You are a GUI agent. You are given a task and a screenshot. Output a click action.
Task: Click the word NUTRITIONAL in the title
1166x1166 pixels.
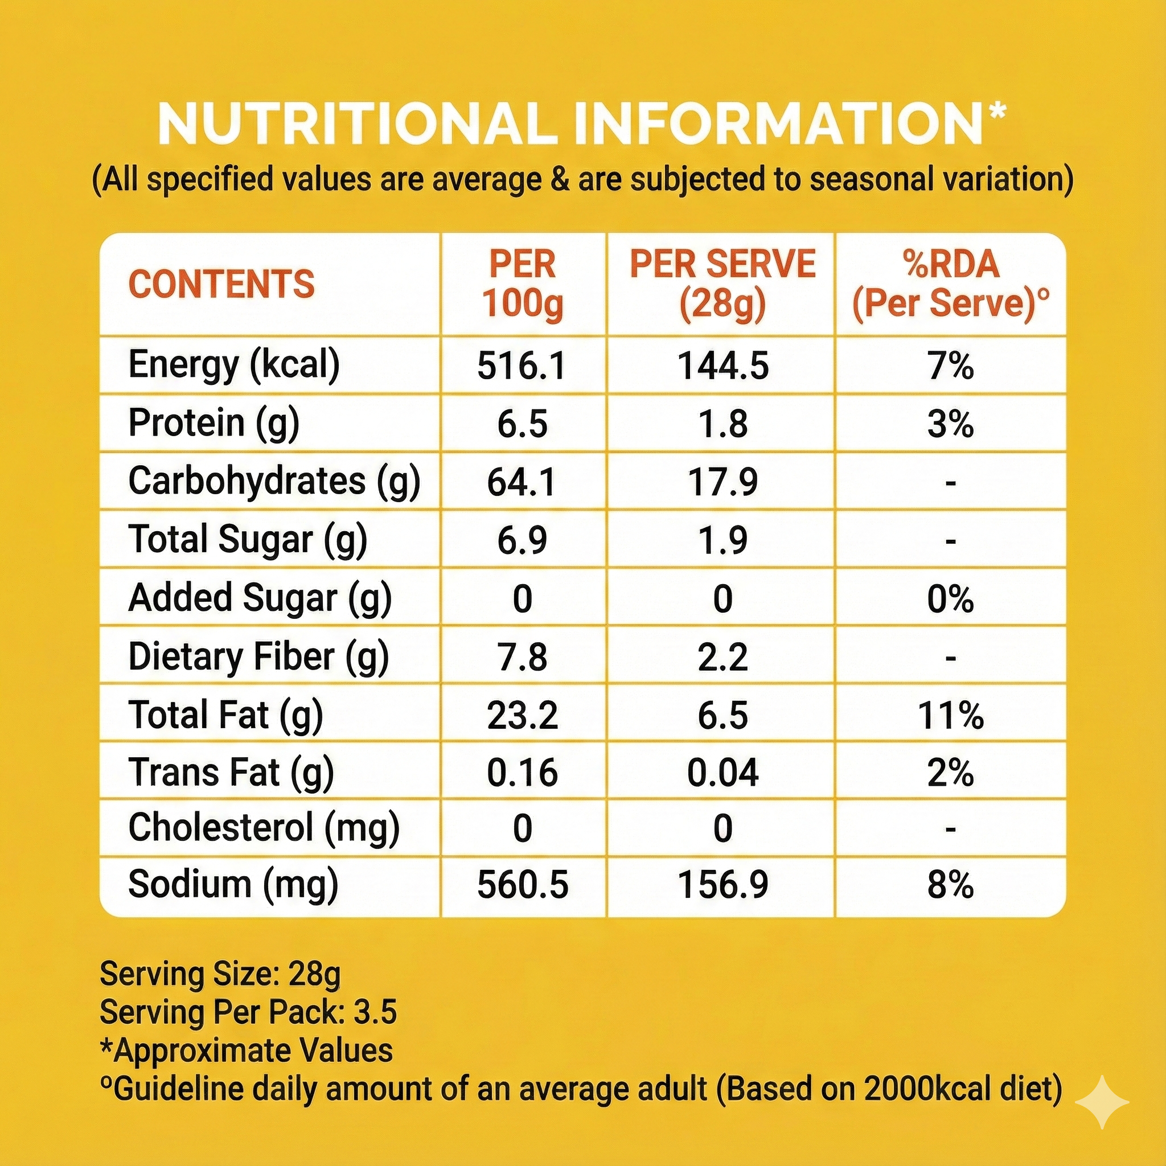[x=356, y=124]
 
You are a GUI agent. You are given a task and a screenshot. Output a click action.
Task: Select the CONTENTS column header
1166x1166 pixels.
[x=221, y=284]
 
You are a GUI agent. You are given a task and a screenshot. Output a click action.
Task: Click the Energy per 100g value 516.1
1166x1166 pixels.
[x=522, y=366]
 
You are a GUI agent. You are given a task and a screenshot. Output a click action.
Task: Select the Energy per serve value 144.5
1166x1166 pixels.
[x=723, y=366]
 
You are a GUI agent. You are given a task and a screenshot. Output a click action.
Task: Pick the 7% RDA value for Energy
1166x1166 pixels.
[x=951, y=366]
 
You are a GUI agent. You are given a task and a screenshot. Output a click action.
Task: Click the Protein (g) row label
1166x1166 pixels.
[x=214, y=423]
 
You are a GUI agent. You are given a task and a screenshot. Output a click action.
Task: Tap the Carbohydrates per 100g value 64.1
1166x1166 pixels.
[x=522, y=482]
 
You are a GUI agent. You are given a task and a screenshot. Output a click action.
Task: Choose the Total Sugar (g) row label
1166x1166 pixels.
[x=248, y=540]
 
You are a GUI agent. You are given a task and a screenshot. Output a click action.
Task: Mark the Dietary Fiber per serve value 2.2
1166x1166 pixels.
[x=723, y=656]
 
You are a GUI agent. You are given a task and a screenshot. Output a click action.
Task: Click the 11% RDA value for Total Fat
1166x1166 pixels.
[x=951, y=715]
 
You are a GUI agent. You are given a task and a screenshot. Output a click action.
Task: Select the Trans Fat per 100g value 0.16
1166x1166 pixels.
[x=522, y=773]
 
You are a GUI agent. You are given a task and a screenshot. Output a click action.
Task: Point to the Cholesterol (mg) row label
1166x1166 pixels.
[x=264, y=828]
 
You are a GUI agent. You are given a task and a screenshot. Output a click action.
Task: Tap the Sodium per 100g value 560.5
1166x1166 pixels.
[x=522, y=885]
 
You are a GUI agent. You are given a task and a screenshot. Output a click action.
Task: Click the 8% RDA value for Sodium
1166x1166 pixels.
[x=951, y=885]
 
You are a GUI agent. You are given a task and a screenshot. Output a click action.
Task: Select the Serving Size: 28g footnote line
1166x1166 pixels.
[x=220, y=974]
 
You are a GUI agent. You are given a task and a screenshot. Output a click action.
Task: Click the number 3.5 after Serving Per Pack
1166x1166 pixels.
[x=375, y=1012]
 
